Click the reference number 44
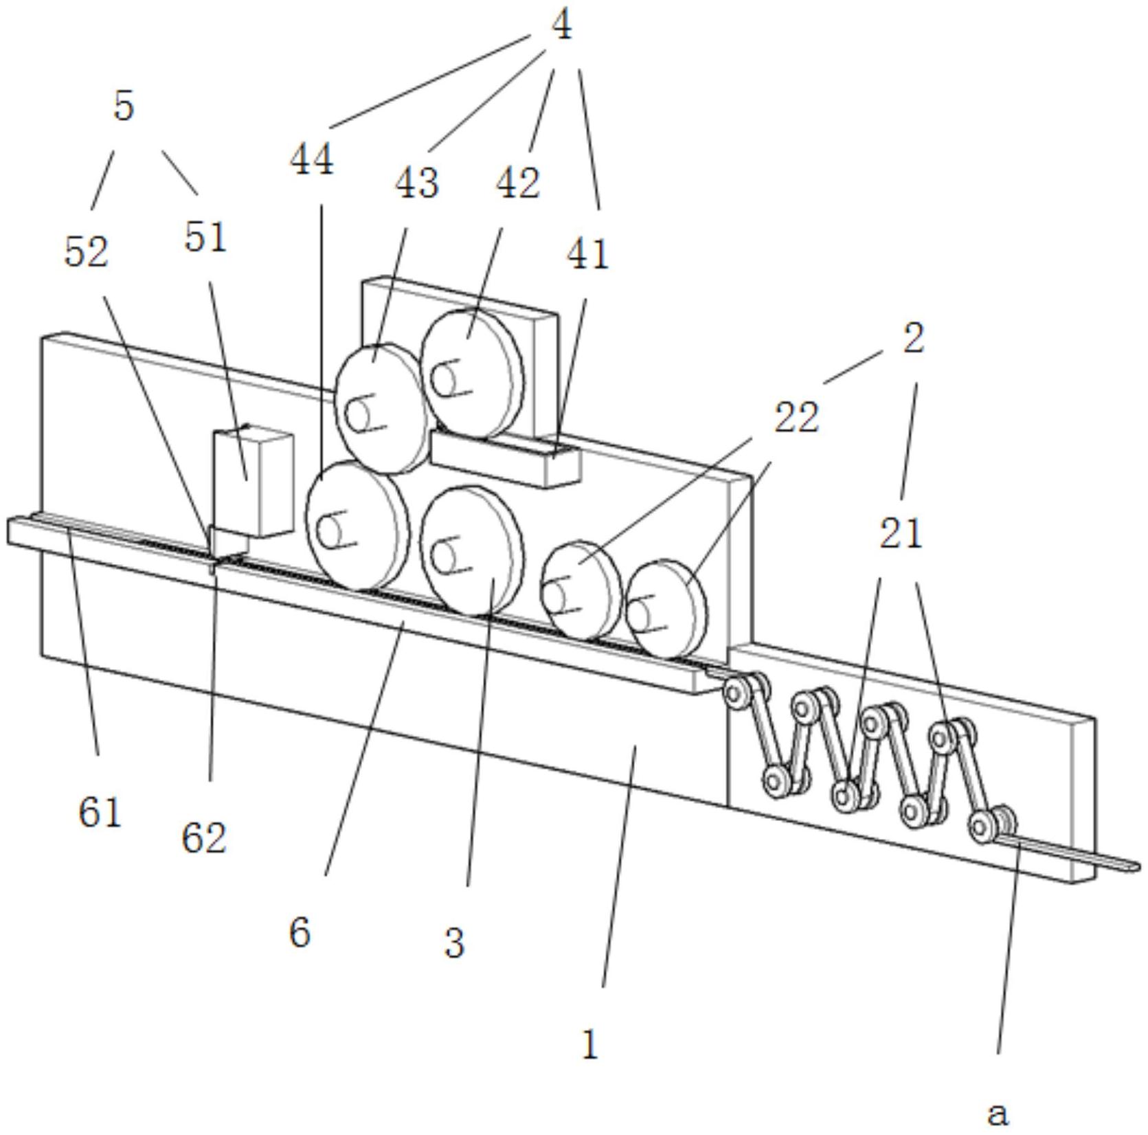312,160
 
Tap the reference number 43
417,183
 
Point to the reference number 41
587,255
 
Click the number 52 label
87,252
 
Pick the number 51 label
205,238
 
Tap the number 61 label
100,813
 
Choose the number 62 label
204,838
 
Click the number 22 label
797,418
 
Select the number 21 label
901,534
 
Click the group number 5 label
124,106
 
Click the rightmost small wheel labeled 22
665,608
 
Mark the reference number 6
300,932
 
